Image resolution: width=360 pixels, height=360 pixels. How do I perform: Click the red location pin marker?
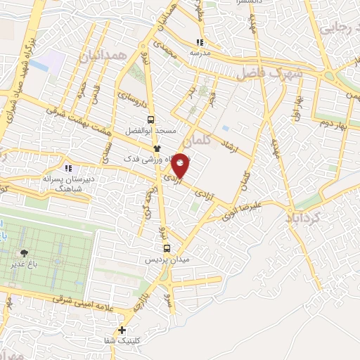[181, 165]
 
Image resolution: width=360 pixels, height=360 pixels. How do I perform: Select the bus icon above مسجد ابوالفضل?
[160, 119]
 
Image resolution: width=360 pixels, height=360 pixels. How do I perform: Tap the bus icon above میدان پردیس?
[167, 247]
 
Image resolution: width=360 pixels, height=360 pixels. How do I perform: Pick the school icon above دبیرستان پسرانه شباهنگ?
[68, 168]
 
